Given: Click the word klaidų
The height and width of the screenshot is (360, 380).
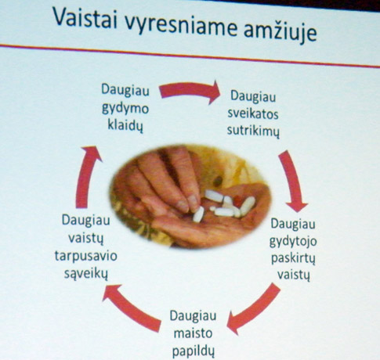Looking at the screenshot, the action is click(125, 125).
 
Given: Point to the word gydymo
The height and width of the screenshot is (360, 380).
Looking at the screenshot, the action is click(125, 109).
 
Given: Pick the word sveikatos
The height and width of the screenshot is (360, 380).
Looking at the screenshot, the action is click(253, 114).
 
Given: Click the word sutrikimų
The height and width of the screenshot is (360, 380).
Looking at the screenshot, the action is click(253, 131).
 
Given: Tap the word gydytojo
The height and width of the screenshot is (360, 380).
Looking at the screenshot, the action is click(293, 242).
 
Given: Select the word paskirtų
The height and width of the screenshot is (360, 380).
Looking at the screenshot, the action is click(293, 259).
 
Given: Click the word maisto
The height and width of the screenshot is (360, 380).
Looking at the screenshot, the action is click(193, 333).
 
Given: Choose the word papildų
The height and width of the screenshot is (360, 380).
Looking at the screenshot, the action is click(194, 351).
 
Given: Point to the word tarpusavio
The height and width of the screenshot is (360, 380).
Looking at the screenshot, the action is click(86, 256).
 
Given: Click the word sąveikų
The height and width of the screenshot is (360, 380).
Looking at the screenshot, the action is click(85, 274).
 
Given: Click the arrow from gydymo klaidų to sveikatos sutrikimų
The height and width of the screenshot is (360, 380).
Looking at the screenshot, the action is click(190, 91).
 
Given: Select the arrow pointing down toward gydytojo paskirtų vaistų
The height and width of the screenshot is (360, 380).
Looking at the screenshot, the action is click(292, 180).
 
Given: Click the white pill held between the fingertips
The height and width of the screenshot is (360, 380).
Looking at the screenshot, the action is click(198, 214).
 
